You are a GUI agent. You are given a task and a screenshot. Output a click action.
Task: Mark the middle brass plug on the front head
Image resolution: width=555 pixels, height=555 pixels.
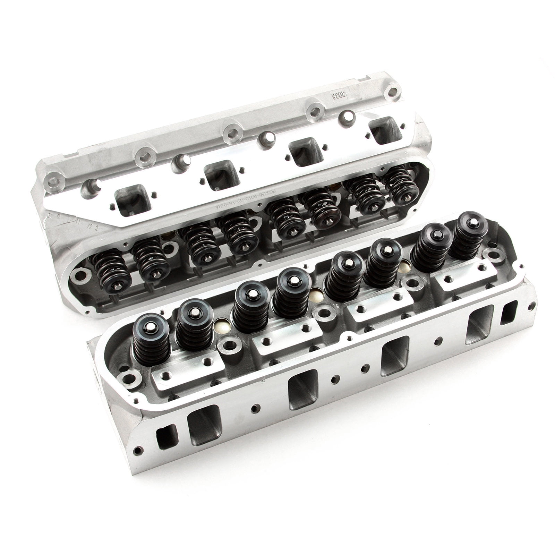315,294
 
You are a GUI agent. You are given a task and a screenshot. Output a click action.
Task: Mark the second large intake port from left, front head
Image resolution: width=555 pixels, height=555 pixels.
302,389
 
